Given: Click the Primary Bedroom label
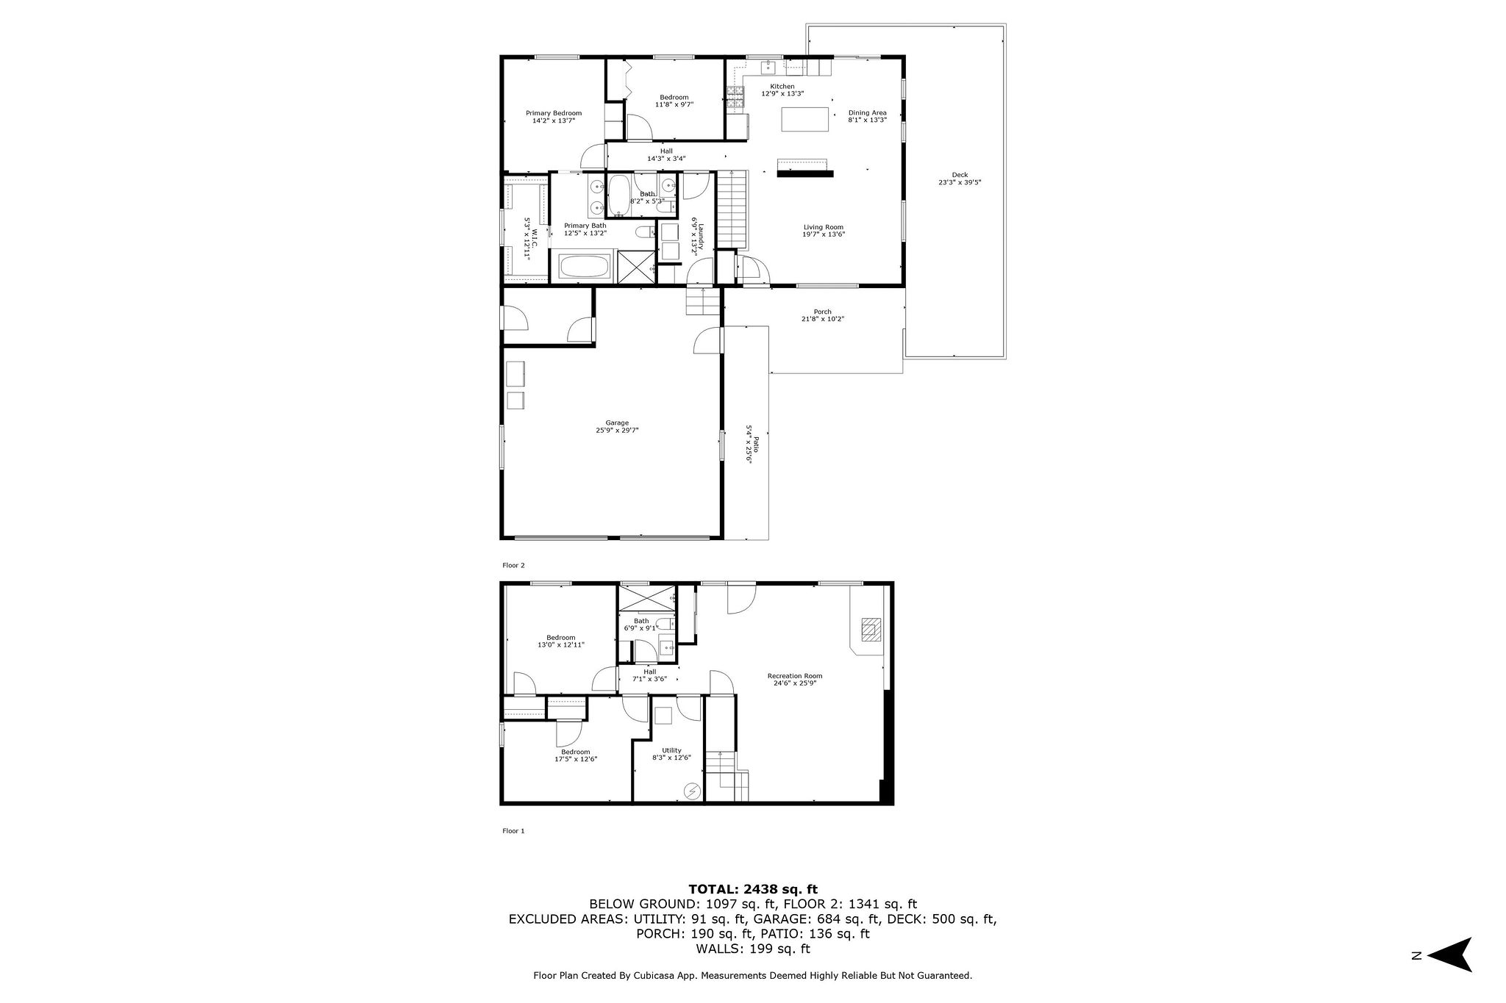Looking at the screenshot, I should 553,113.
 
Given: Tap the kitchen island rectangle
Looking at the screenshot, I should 804,119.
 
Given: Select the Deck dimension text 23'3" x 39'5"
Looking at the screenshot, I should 960,182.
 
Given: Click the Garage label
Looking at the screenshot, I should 617,423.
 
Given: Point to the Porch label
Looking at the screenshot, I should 822,312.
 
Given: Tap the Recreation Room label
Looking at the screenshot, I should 794,676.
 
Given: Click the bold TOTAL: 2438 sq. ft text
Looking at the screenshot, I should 752,889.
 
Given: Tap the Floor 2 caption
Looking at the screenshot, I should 513,565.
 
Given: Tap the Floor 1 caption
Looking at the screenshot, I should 513,831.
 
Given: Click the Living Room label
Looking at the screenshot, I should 823,227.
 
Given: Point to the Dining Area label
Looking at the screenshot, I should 867,112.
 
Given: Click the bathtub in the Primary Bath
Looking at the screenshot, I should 585,267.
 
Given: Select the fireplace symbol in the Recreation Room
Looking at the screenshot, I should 871,630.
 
